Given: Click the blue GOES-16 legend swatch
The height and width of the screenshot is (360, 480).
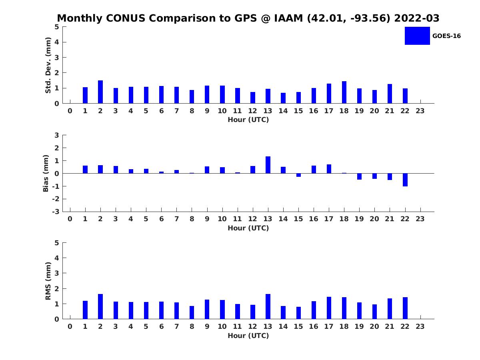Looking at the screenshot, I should (417, 36).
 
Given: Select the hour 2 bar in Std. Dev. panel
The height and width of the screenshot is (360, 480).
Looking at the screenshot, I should (100, 92).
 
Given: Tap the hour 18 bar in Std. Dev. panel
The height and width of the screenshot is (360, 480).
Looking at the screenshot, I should (344, 92).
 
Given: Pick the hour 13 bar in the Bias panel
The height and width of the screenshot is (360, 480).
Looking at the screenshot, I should (268, 165).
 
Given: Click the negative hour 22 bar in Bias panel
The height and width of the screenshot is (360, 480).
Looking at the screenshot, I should (405, 180).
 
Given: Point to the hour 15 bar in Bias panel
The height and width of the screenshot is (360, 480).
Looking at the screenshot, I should (298, 175).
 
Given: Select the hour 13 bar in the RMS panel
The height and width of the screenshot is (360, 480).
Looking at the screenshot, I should (268, 306).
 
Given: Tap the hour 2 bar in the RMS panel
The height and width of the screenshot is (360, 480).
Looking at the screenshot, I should (100, 306).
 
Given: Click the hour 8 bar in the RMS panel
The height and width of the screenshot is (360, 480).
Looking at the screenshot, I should (192, 312).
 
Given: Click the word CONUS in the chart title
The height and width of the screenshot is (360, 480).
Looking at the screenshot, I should (127, 18).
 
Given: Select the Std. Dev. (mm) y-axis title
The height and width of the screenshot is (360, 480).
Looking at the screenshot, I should (48, 65).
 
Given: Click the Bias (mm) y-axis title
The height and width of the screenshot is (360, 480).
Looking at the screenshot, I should (46, 173).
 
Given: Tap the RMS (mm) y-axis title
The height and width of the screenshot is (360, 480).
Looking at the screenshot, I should (48, 281).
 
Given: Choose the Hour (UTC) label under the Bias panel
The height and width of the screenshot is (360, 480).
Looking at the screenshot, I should (248, 228).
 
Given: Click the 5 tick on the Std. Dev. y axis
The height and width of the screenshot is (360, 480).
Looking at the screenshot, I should (57, 27).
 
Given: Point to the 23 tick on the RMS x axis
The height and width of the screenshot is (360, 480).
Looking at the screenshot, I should (420, 326).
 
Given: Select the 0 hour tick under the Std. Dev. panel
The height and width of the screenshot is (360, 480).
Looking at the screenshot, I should (70, 111).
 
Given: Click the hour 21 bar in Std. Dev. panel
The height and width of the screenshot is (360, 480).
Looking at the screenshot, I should (390, 94).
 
